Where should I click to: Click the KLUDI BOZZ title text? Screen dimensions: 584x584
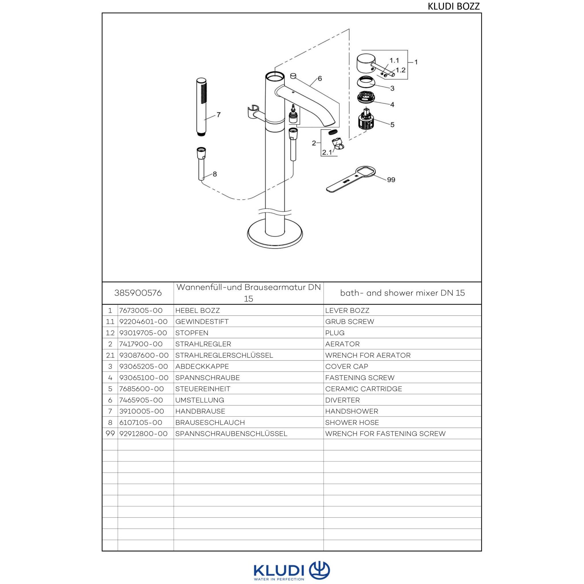[x=453, y=6]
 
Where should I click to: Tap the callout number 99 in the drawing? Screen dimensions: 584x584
[x=391, y=180]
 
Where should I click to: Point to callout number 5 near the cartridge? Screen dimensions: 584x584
[x=392, y=125]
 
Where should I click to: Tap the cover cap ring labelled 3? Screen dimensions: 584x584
[x=367, y=82]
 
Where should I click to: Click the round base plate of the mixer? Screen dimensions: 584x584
[x=275, y=234]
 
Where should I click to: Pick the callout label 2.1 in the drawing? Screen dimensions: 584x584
[x=327, y=153]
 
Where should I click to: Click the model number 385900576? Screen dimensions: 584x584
[x=138, y=293]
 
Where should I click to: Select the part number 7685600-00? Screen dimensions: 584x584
[x=142, y=389]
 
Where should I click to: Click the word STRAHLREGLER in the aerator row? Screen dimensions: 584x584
[x=203, y=344]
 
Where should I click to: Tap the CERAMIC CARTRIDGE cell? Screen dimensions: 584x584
[x=364, y=389]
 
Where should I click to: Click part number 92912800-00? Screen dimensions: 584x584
[x=143, y=434]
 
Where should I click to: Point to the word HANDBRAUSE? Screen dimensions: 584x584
[x=200, y=411]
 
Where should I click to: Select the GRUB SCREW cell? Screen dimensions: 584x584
[x=350, y=321]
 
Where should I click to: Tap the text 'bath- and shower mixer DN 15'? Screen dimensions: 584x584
[x=402, y=293]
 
